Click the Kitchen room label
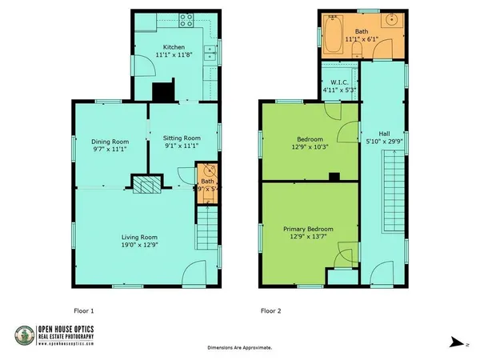(174, 46)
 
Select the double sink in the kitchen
(210, 53)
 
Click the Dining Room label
(109, 141)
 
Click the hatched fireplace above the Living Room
(146, 186)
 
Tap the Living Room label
(139, 237)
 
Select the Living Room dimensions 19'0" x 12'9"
(139, 245)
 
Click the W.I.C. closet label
(338, 82)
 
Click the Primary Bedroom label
(309, 228)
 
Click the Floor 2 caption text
(270, 310)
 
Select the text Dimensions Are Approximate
(239, 348)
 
